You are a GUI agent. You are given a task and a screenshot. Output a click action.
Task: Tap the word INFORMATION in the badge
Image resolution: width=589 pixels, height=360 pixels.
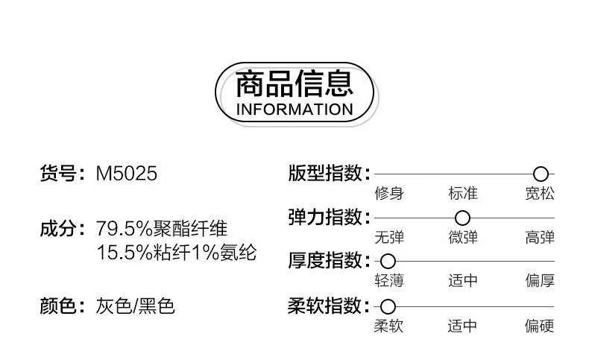coord(294,110)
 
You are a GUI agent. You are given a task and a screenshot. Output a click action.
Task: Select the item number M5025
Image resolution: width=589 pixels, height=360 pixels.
coord(127,174)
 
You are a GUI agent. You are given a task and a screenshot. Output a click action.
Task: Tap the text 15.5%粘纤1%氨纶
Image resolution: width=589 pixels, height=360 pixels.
coord(177,252)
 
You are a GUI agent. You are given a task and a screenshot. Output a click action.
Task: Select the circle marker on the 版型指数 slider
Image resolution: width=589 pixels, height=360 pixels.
coord(541,174)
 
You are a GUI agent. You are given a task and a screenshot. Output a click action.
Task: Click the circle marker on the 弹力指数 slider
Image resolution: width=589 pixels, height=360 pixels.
coord(462,218)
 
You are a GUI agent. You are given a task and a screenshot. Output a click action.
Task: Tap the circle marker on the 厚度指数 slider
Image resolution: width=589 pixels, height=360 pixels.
coord(388,262)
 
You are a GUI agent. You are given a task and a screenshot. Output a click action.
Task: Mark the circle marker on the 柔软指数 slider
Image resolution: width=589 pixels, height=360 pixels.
coord(388,306)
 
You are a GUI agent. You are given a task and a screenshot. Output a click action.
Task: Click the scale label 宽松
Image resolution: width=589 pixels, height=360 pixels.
coord(540,195)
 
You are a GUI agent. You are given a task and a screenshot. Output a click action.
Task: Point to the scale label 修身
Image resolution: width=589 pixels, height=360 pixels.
coord(388,195)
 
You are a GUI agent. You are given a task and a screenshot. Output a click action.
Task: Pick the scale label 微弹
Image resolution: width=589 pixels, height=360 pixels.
coord(463,239)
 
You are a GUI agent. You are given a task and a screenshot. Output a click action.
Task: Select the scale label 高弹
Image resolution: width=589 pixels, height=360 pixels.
coord(540,239)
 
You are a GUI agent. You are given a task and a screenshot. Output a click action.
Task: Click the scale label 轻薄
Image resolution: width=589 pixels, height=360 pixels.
coord(388,282)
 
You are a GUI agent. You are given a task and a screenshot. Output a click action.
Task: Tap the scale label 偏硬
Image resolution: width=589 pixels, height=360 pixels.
coord(540,326)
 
